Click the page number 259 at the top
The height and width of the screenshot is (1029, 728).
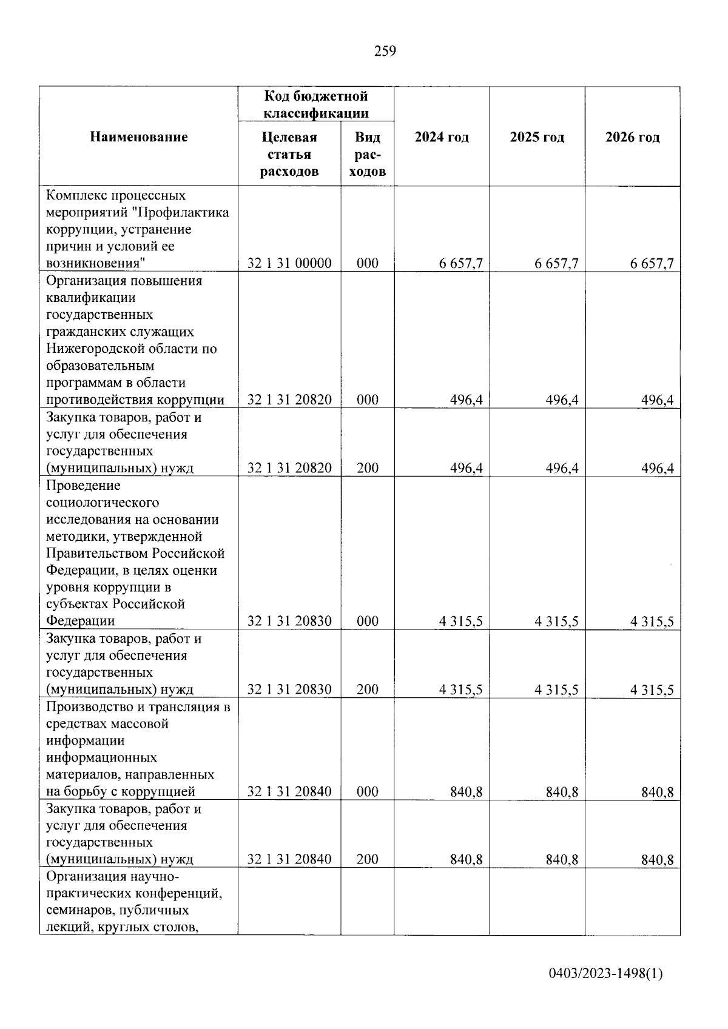pyautogui.click(x=385, y=52)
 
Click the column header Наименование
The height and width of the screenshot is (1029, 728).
pyautogui.click(x=139, y=137)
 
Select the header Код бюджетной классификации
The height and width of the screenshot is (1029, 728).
pyautogui.click(x=316, y=104)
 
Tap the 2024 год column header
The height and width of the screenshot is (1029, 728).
pyautogui.click(x=442, y=137)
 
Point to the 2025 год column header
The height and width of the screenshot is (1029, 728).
pyautogui.click(x=537, y=137)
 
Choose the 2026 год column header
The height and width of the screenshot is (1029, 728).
pyautogui.click(x=632, y=137)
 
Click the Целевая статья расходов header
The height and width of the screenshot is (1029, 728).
pyautogui.click(x=289, y=154)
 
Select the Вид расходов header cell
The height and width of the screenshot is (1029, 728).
pyautogui.click(x=368, y=154)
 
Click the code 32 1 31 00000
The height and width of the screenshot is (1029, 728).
pyautogui.click(x=289, y=263)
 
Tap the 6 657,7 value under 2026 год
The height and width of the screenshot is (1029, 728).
pyautogui.click(x=652, y=263)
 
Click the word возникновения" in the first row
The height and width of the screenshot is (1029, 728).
pyautogui.click(x=95, y=264)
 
